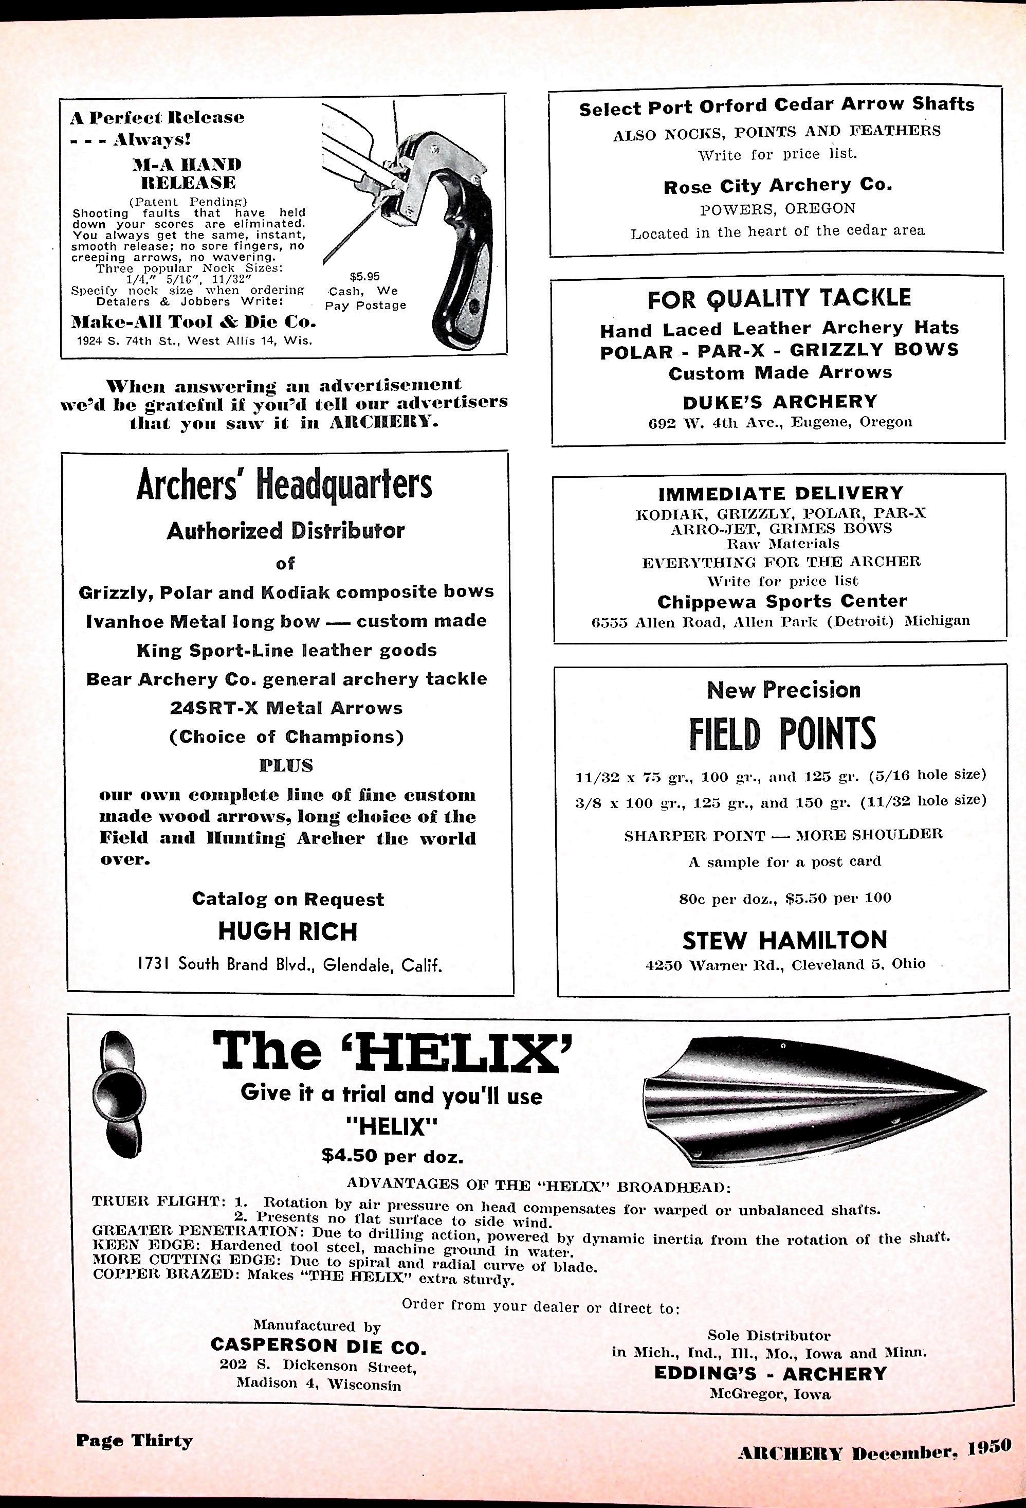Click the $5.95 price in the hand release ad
pyautogui.click(x=364, y=276)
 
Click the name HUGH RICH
pyautogui.click(x=287, y=932)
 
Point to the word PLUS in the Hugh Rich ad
pyautogui.click(x=286, y=766)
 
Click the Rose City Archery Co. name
pyautogui.click(x=777, y=186)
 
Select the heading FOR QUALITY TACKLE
pyautogui.click(x=778, y=298)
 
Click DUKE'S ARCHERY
pyautogui.click(x=780, y=402)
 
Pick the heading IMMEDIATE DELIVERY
pyautogui.click(x=780, y=494)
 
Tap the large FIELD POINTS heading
pyautogui.click(x=782, y=733)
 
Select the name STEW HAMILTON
pyautogui.click(x=784, y=940)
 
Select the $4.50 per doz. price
pyautogui.click(x=392, y=1156)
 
